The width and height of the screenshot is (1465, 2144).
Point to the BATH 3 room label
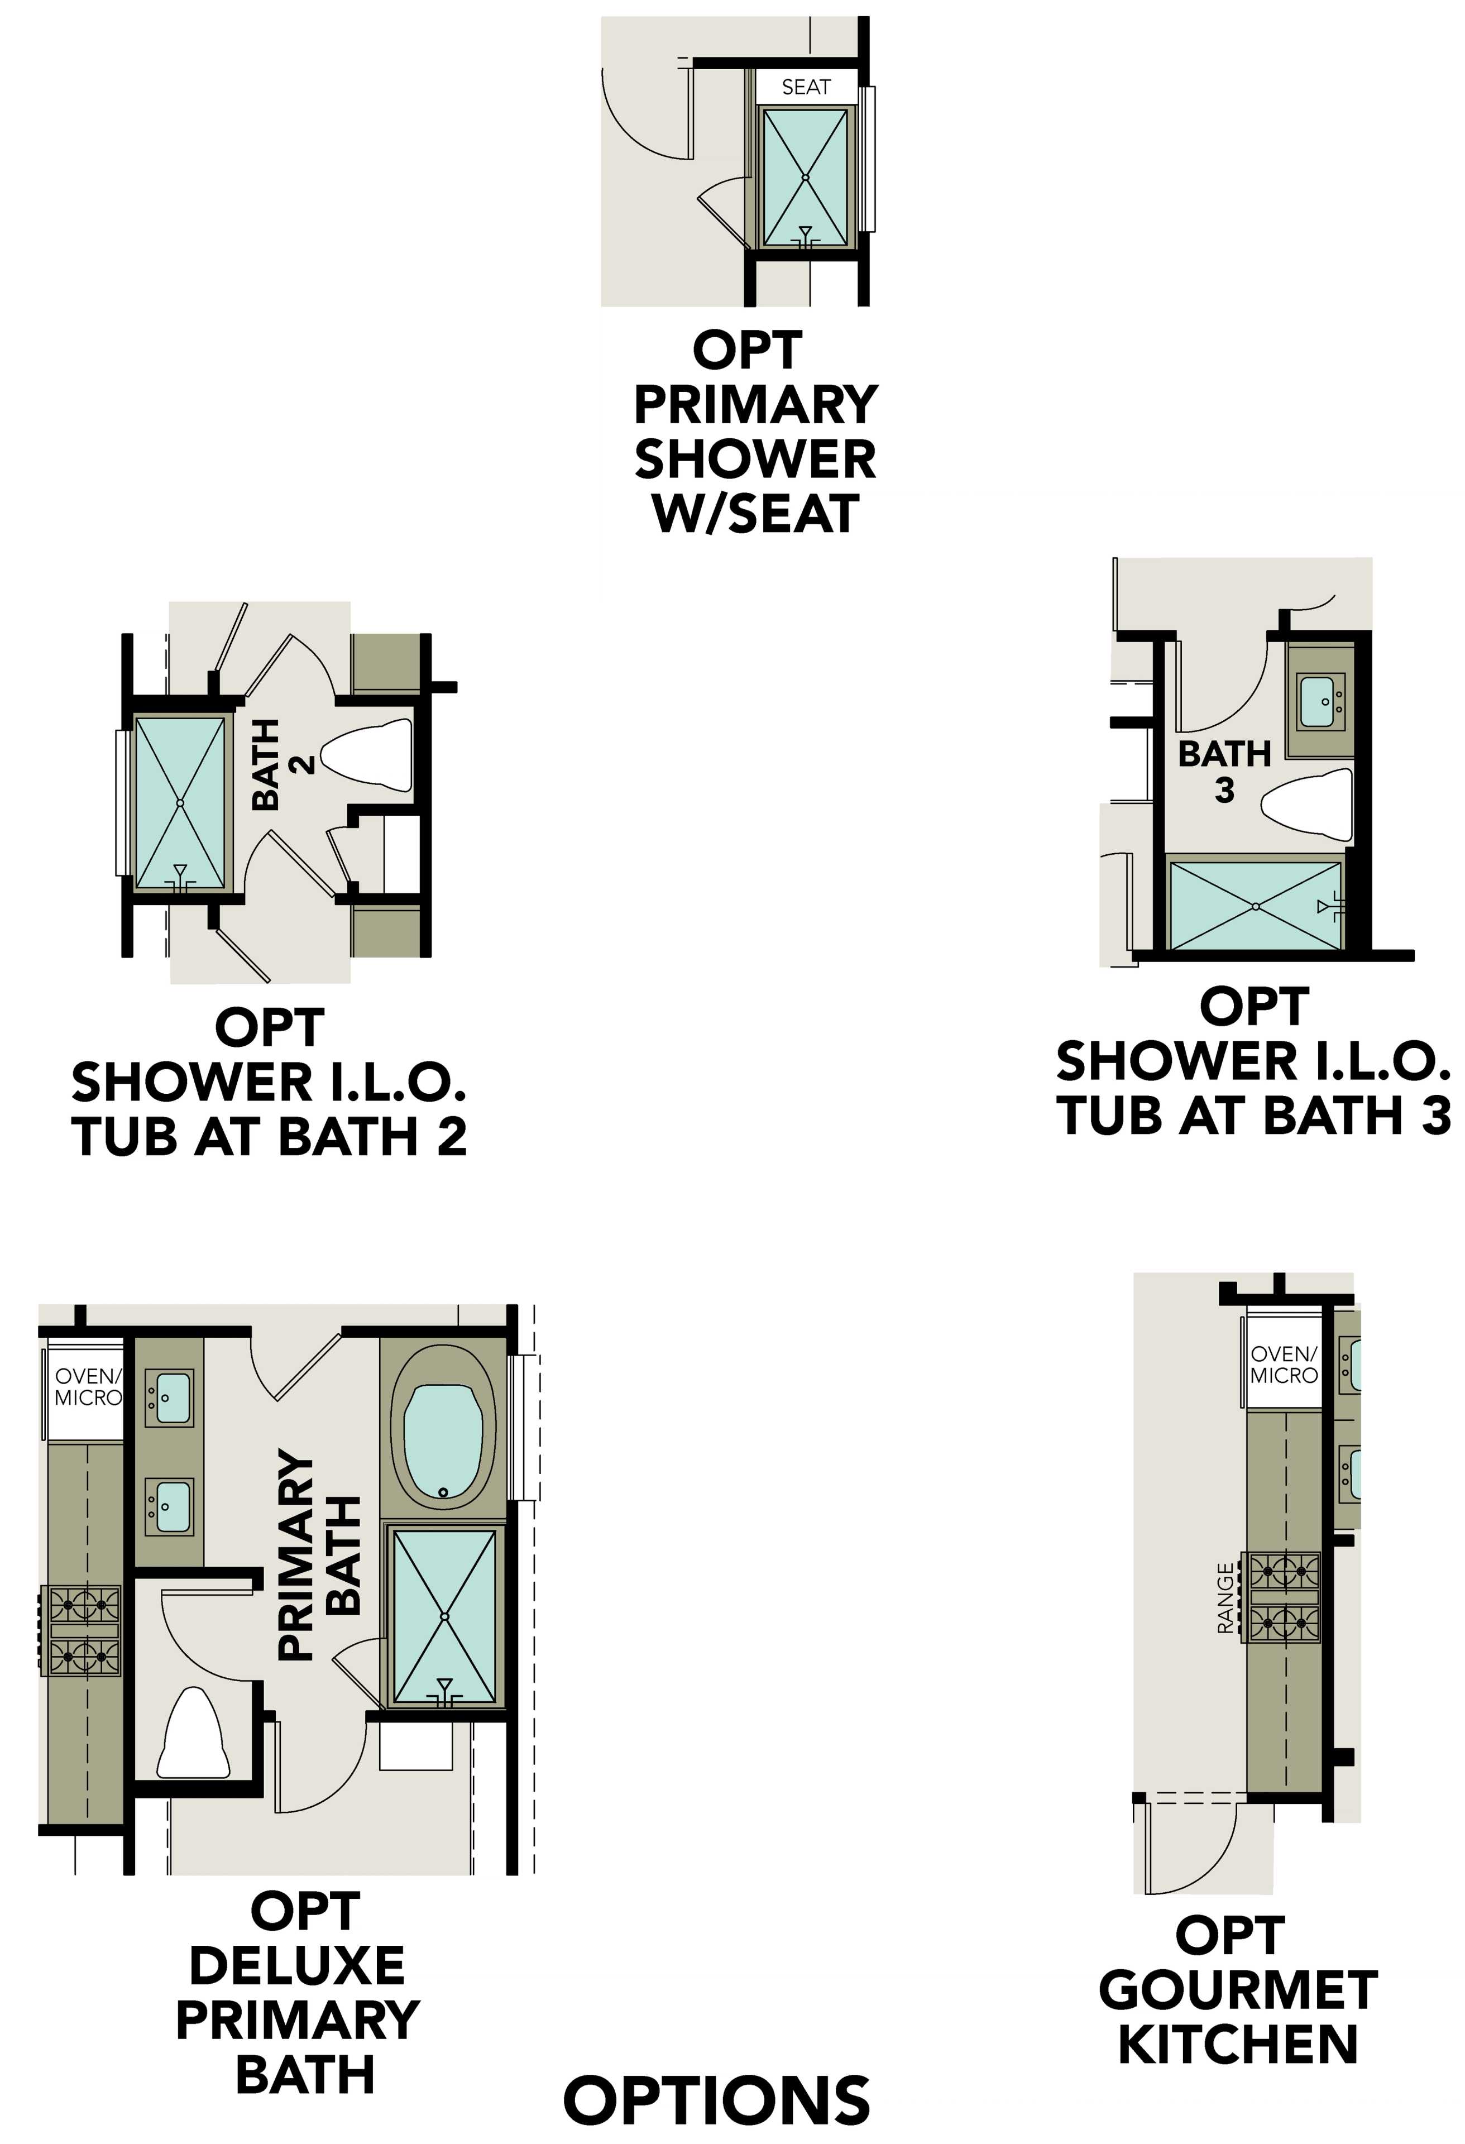coord(1224,771)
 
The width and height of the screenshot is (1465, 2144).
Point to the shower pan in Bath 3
coord(1255,907)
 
